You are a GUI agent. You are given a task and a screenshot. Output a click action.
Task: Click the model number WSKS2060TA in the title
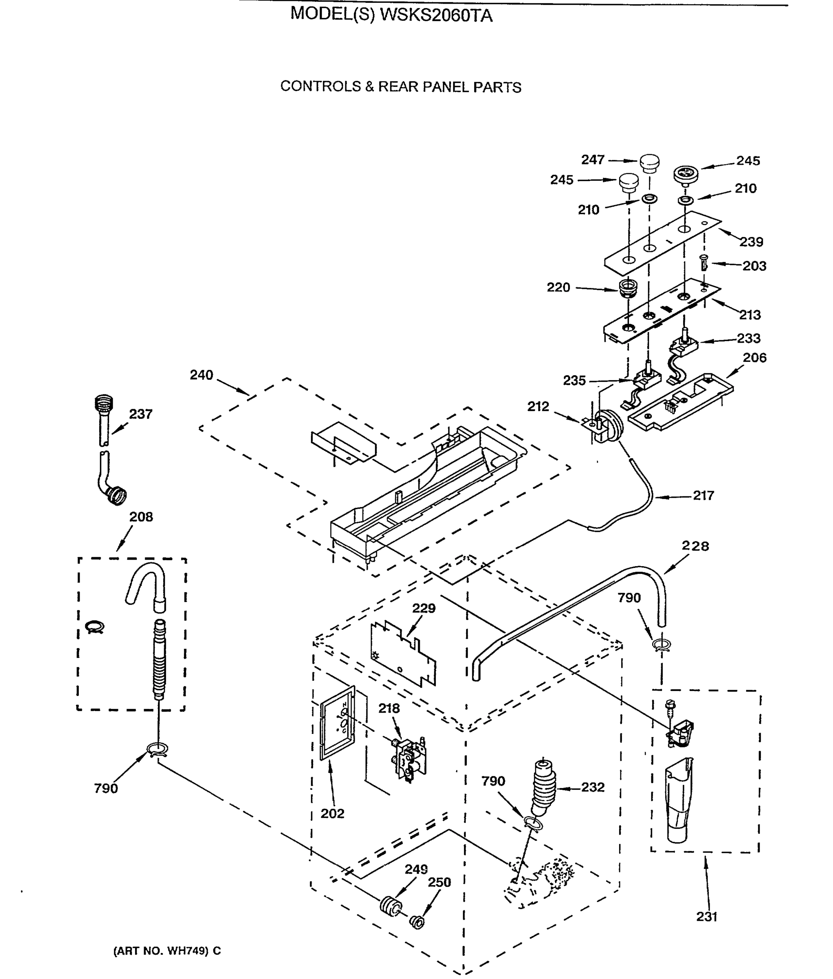point(436,16)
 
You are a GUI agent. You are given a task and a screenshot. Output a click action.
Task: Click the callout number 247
point(593,160)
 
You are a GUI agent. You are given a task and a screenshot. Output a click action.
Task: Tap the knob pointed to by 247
point(650,162)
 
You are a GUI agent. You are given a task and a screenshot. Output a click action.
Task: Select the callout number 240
point(202,375)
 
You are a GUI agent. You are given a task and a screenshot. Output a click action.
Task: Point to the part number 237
point(141,414)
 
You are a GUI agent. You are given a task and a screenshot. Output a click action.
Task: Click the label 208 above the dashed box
point(141,517)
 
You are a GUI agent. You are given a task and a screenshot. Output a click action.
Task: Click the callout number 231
point(706,917)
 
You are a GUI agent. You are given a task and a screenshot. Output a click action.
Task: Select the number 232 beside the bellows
point(593,787)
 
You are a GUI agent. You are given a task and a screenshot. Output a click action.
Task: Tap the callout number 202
point(333,813)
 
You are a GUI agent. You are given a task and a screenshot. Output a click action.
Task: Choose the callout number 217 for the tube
point(703,496)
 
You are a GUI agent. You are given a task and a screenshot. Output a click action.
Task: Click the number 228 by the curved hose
point(695,546)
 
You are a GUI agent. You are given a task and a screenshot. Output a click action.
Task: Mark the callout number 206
point(755,358)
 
